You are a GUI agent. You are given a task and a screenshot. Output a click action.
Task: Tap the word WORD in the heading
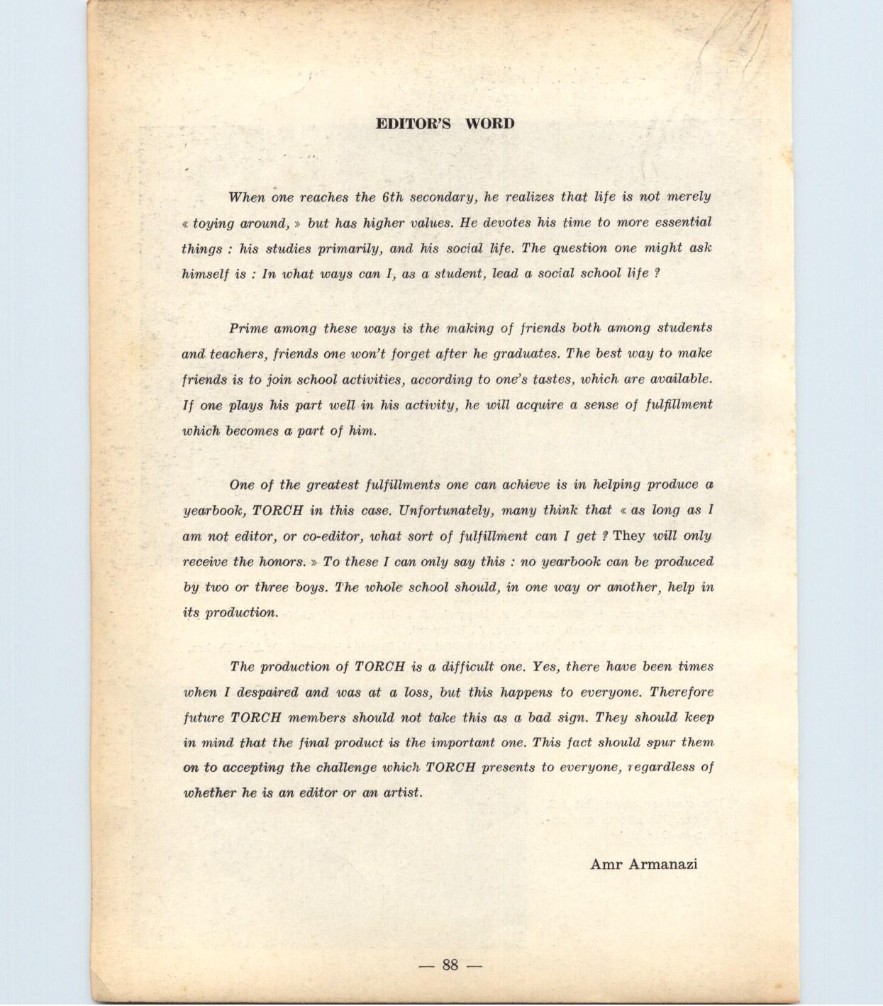pos(490,123)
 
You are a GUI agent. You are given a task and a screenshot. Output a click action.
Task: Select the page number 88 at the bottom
pos(450,965)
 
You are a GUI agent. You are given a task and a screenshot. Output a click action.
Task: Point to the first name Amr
pos(604,864)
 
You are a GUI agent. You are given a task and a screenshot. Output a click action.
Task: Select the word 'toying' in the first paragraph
pos(213,223)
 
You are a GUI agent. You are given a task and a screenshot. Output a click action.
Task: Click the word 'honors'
pos(281,562)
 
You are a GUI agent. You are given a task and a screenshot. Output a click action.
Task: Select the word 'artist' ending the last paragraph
pos(403,793)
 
